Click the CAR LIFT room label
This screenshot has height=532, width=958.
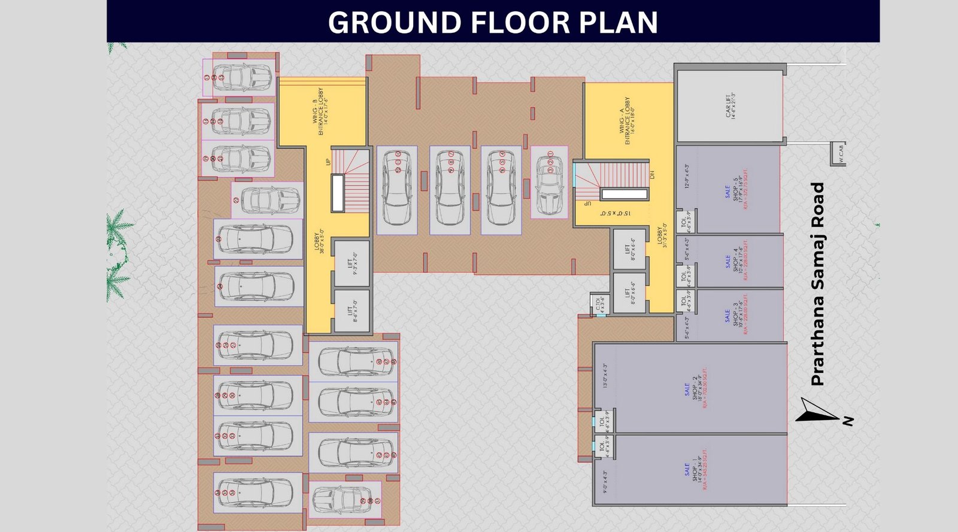pos(729,105)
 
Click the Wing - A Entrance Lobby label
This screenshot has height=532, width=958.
pos(624,121)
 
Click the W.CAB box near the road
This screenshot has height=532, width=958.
pos(838,154)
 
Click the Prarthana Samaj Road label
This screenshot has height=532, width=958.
pos(817,284)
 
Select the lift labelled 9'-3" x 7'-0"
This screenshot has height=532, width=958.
pos(353,263)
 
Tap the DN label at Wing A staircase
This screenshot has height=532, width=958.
pos(653,175)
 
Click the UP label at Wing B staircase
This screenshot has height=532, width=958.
pos(328,162)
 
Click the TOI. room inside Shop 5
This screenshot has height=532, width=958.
pos(685,221)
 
